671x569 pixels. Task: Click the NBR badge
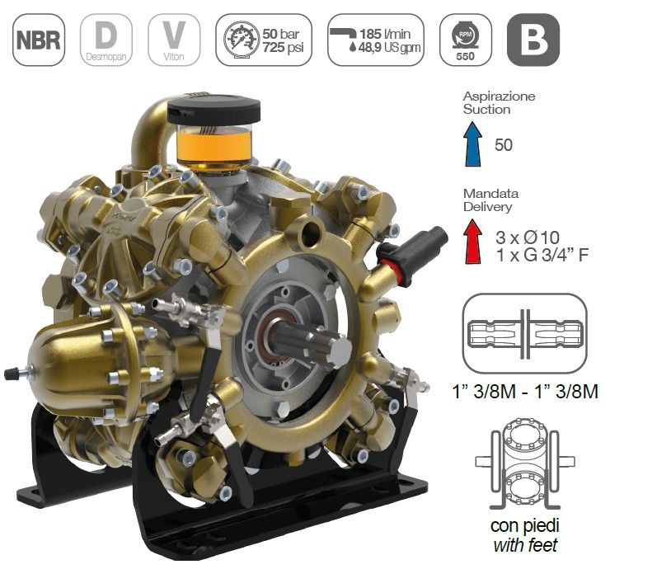click(39, 40)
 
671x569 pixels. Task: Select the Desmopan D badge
click(106, 40)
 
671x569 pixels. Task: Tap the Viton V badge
click(174, 40)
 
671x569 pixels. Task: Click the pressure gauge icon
click(242, 39)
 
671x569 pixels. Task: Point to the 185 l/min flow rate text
click(385, 33)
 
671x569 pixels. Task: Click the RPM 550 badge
click(466, 40)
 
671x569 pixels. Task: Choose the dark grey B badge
click(533, 40)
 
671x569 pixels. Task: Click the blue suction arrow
click(473, 143)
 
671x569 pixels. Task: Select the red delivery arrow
click(473, 241)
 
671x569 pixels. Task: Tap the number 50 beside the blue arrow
click(503, 144)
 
